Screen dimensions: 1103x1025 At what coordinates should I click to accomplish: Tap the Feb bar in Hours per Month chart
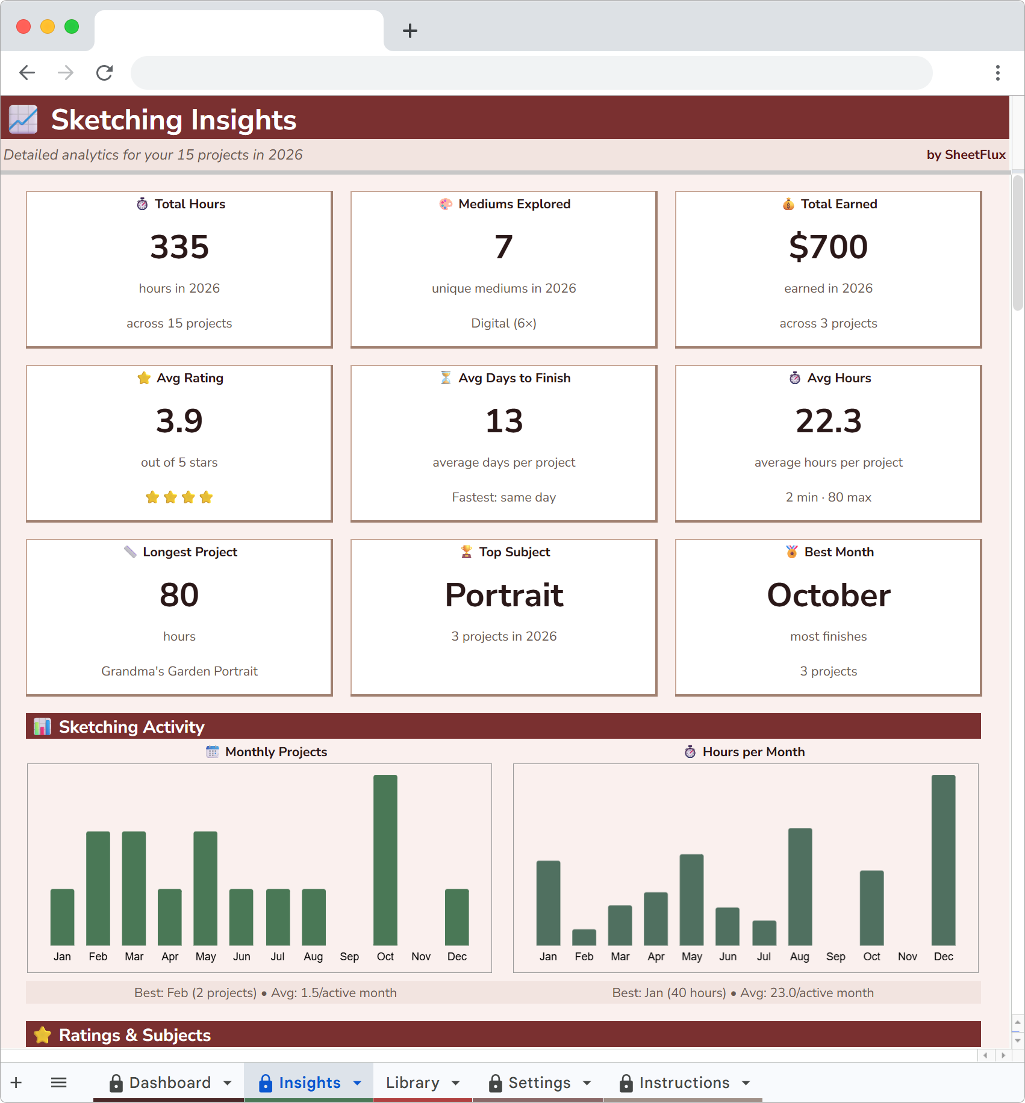click(x=584, y=937)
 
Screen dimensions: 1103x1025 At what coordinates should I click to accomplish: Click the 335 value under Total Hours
click(x=179, y=247)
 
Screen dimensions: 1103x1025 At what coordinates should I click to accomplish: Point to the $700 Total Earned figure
click(x=828, y=247)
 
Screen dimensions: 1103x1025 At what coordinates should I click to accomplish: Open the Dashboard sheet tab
click(x=170, y=1083)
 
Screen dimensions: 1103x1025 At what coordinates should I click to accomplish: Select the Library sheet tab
click(x=413, y=1083)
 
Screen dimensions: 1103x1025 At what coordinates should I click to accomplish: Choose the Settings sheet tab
click(x=539, y=1083)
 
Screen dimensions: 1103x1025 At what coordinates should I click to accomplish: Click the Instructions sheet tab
click(x=684, y=1083)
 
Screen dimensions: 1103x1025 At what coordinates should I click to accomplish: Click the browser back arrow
click(x=27, y=73)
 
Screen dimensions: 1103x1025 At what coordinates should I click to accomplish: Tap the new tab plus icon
click(x=410, y=31)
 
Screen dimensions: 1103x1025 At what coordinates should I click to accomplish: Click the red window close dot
click(x=23, y=26)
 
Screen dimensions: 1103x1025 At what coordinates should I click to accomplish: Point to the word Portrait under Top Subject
click(x=504, y=595)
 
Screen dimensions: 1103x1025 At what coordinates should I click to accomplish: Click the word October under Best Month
click(x=828, y=595)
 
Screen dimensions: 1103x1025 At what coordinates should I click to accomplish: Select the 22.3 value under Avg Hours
click(x=828, y=421)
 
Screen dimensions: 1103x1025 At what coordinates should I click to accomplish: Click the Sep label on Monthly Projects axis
click(x=349, y=957)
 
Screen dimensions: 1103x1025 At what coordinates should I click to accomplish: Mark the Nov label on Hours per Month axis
click(x=907, y=957)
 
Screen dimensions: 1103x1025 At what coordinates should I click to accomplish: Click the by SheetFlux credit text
click(x=965, y=155)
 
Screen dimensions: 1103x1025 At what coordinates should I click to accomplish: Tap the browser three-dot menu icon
click(x=998, y=73)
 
